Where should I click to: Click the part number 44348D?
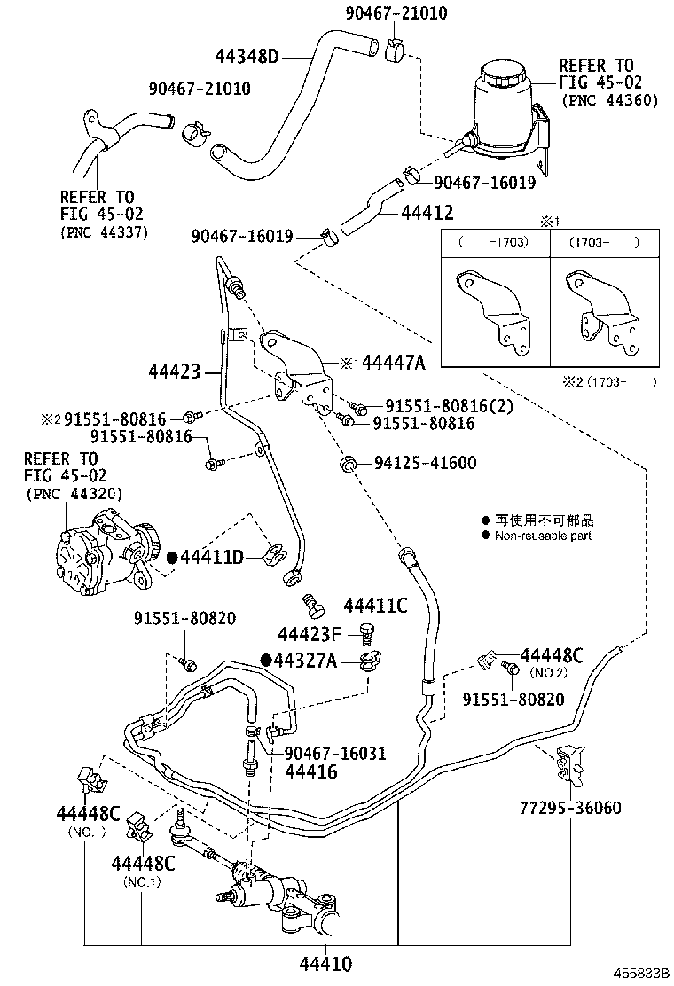247,57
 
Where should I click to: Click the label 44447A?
394,362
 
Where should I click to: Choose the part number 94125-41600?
425,462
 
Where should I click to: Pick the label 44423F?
309,635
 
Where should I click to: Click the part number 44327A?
305,661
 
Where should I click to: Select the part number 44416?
310,772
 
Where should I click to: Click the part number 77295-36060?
570,808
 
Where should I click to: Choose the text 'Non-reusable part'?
544,536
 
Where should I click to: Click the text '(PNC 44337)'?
103,232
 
